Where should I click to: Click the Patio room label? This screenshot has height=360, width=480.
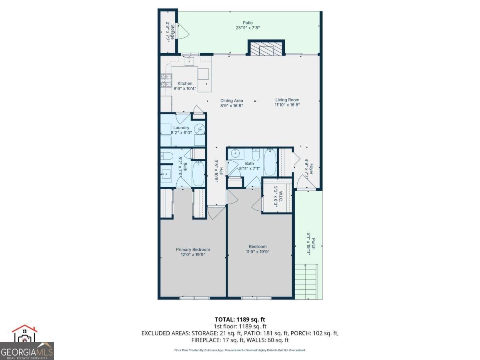tap(248, 23)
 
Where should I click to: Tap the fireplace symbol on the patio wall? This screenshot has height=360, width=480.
tap(266, 49)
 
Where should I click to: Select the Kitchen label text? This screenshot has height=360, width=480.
tap(185, 84)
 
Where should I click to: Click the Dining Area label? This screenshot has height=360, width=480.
tap(232, 101)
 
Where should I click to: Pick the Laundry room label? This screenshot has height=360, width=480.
tap(181, 128)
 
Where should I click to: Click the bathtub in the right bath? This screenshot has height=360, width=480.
tap(270, 162)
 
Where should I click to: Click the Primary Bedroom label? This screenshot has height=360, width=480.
tap(193, 250)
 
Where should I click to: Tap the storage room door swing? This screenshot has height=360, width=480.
tap(181, 31)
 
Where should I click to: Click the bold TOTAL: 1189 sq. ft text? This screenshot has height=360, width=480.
tap(240, 319)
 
